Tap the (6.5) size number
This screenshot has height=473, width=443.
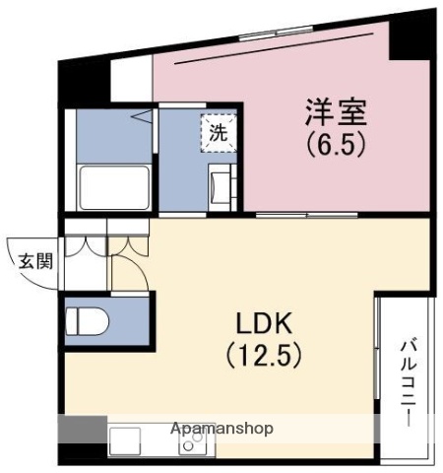(335, 146)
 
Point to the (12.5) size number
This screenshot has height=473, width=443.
(260, 352)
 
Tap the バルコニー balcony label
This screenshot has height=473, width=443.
(407, 382)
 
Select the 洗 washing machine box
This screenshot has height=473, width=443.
(217, 132)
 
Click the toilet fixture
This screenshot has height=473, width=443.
(87, 321)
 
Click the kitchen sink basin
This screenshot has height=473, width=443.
(127, 439)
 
